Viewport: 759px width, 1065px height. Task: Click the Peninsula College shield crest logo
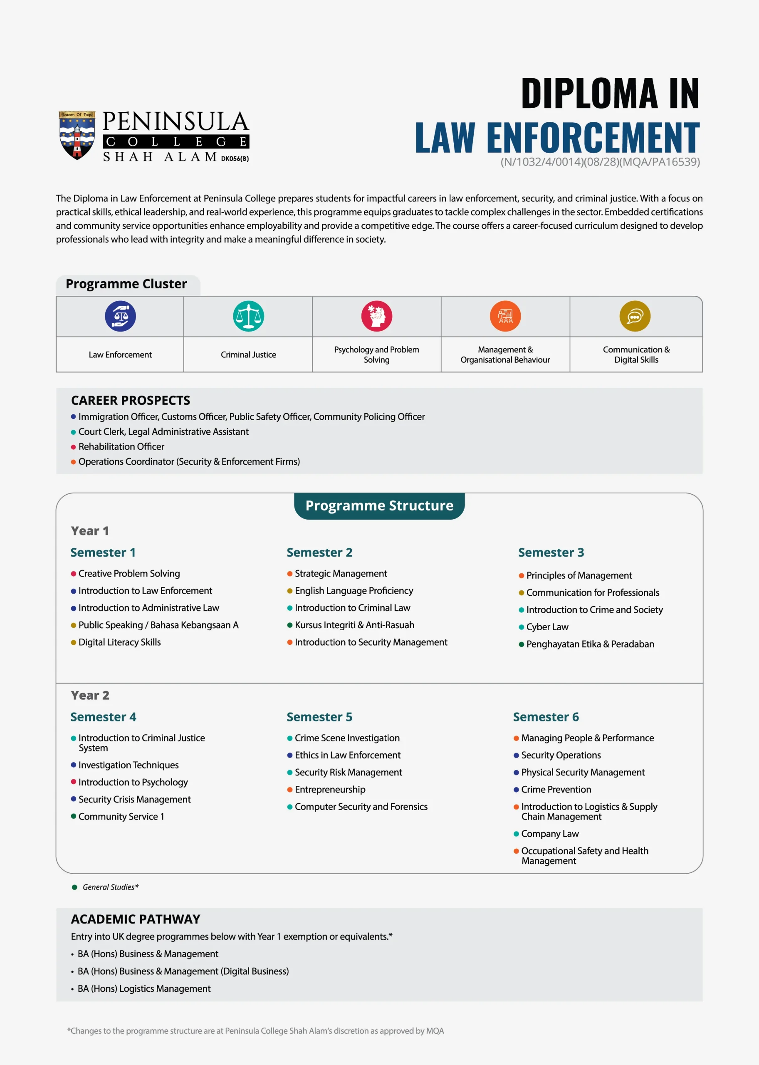click(77, 135)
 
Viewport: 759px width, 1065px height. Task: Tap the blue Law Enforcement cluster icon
click(120, 316)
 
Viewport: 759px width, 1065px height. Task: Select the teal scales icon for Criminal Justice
click(248, 316)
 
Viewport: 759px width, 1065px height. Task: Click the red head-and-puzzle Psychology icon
click(376, 316)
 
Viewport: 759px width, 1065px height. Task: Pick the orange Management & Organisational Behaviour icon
click(505, 316)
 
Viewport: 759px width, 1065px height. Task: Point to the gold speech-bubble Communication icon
click(635, 316)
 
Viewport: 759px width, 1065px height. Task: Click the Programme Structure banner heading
click(379, 505)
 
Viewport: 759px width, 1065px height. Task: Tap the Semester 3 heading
click(551, 552)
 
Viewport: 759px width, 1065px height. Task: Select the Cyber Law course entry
click(547, 627)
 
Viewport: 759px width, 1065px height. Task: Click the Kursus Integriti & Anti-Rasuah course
click(354, 625)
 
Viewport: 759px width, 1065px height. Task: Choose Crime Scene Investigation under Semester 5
click(347, 738)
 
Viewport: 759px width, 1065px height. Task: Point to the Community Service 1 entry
click(121, 816)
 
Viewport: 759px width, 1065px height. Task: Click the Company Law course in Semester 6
click(550, 834)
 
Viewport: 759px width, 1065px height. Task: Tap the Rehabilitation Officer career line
click(121, 446)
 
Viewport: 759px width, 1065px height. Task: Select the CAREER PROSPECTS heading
click(131, 400)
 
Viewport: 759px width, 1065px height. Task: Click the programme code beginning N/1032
click(600, 162)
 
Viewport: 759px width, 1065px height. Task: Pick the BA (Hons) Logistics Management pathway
click(144, 988)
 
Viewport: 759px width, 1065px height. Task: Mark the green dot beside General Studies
click(74, 887)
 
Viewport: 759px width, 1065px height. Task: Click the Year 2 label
click(90, 695)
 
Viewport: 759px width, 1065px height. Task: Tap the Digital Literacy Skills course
click(119, 642)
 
